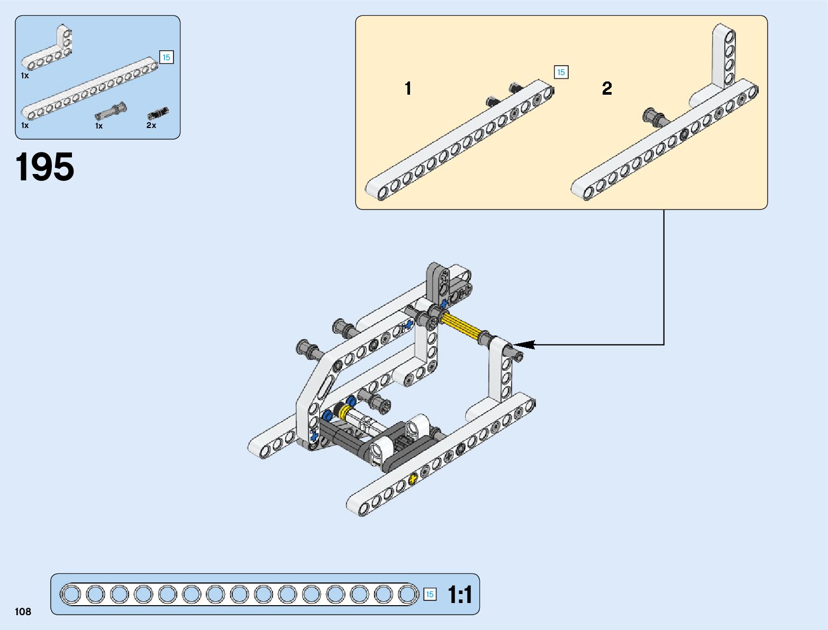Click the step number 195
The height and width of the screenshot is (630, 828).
point(45,167)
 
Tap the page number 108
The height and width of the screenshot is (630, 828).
point(23,612)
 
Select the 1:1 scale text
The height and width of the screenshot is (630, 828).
point(460,595)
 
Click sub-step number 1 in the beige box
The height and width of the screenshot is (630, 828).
point(408,88)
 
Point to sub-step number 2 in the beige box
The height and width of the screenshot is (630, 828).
point(607,88)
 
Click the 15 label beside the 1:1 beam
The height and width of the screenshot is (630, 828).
point(430,595)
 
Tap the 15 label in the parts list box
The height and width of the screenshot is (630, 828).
point(166,57)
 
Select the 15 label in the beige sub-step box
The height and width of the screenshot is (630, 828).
point(561,72)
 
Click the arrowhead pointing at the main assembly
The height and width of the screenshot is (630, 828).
point(524,344)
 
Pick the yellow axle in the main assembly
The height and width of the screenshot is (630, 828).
point(462,326)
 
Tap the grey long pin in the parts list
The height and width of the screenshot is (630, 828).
point(111,112)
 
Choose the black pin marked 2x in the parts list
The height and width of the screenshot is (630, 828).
point(158,113)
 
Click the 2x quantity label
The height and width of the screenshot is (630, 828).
point(151,125)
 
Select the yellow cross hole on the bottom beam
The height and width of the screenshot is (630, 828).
point(413,478)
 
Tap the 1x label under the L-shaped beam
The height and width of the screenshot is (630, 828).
point(25,76)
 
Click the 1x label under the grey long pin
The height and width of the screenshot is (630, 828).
point(99,126)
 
